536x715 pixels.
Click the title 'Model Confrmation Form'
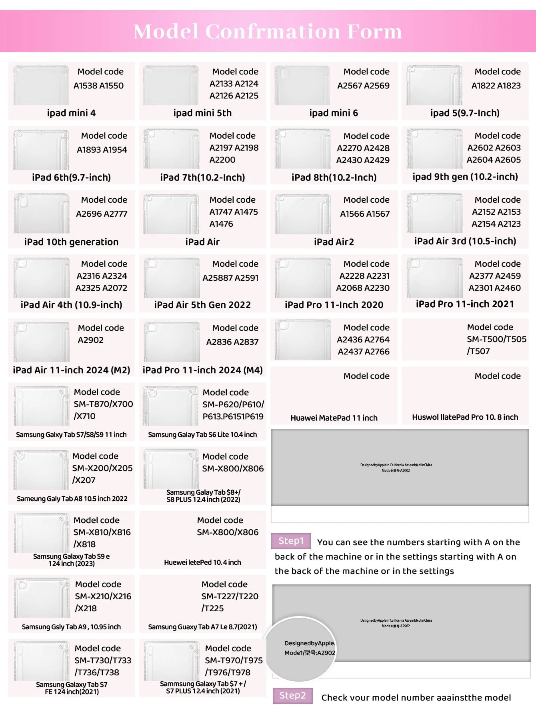pyautogui.click(x=268, y=32)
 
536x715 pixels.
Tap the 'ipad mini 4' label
pyautogui.click(x=71, y=113)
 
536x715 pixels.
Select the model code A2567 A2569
pyautogui.click(x=363, y=86)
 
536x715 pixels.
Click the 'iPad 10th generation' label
pyautogui.click(x=71, y=242)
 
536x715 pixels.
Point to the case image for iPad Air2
pyautogui.click(x=303, y=214)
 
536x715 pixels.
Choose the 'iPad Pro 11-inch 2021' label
pyautogui.click(x=465, y=304)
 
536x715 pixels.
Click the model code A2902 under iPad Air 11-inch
pyautogui.click(x=91, y=340)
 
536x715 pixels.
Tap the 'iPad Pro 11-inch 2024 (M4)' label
pyautogui.click(x=202, y=370)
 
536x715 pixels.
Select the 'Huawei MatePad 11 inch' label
pyautogui.click(x=334, y=418)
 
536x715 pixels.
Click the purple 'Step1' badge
pyautogui.click(x=291, y=541)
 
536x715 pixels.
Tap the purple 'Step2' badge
pyautogui.click(x=292, y=696)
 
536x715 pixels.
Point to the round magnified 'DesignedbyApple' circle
pyautogui.click(x=301, y=649)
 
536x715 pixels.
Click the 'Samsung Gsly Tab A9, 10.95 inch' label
pyautogui.click(x=71, y=627)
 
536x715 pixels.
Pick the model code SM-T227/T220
pyautogui.click(x=230, y=596)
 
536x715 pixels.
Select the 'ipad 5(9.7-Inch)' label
pyautogui.click(x=465, y=113)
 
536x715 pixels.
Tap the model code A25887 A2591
pyautogui.click(x=230, y=278)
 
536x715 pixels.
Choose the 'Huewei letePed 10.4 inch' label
pyautogui.click(x=202, y=562)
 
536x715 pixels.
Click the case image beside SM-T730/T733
pyautogui.click(x=42, y=661)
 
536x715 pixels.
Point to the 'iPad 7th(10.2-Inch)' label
pyautogui.click(x=202, y=177)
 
